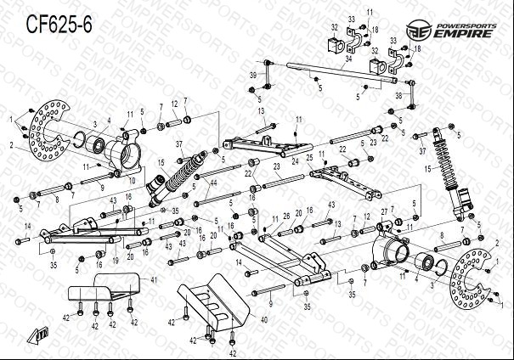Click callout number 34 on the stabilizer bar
[347, 59]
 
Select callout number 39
[253, 76]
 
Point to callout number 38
[398, 98]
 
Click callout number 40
[264, 320]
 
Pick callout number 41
[154, 279]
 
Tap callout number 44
[213, 183]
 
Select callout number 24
[294, 160]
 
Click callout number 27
[385, 211]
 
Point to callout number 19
[116, 262]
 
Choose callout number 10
[132, 180]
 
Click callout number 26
[287, 216]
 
